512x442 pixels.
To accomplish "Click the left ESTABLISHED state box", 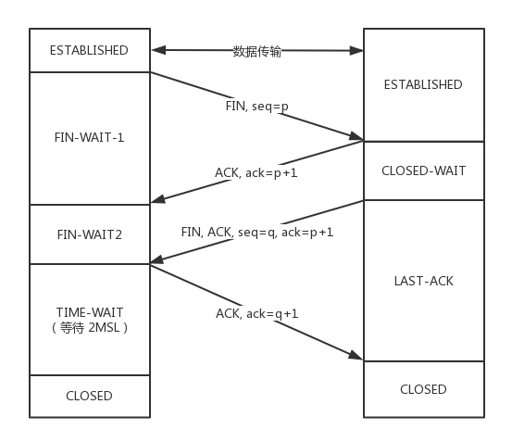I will coord(90,50).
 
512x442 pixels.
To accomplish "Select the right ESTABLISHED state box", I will coord(422,84).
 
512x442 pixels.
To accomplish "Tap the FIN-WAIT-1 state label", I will coord(90,137).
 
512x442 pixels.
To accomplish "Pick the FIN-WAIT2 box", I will coord(90,234).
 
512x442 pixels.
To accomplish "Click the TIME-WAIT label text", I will coord(90,312).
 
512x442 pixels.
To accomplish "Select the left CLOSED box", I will coord(90,396).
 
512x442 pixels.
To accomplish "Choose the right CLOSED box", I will coord(422,389).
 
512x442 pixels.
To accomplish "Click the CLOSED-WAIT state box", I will coord(422,170).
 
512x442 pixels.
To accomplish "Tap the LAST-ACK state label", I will coord(422,280).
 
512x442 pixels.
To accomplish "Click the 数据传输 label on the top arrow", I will coord(256,51).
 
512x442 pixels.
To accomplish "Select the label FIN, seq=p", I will coord(256,106).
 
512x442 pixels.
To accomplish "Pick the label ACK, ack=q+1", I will coord(256,313).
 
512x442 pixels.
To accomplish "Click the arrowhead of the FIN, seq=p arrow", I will coord(357,138).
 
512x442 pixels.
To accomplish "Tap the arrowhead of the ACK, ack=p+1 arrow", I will coord(156,198).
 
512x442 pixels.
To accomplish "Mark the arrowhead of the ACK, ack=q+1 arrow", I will coord(357,357).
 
